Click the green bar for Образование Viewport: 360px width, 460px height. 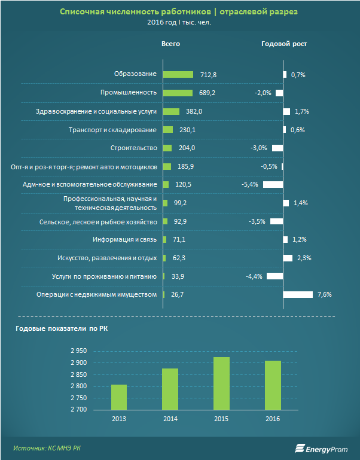(x=178, y=74)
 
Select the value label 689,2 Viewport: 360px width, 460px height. (x=206, y=93)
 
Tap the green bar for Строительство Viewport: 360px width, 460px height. (x=167, y=148)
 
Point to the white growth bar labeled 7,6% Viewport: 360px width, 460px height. (x=298, y=294)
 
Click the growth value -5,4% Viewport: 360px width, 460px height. (x=250, y=184)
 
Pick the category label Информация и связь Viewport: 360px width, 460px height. (x=124, y=239)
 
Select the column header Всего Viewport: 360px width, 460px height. (x=170, y=44)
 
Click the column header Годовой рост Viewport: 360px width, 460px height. (x=284, y=44)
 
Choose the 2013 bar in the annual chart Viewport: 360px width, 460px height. (x=118, y=397)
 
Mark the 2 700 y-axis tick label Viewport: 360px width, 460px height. (x=80, y=410)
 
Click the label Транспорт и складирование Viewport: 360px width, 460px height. (x=112, y=130)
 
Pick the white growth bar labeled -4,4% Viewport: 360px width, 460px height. (x=274, y=276)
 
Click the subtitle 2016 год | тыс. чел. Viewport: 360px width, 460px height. (x=179, y=23)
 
